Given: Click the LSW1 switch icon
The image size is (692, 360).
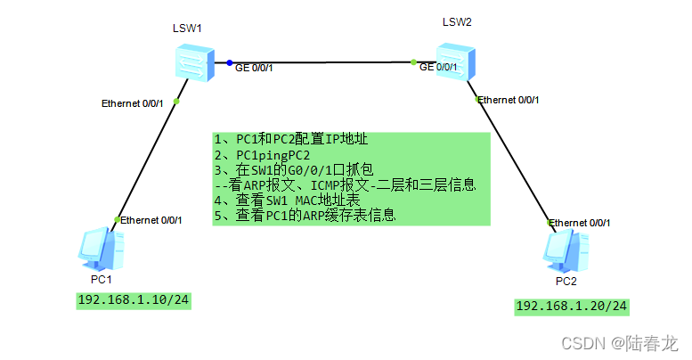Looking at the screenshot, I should click(194, 61).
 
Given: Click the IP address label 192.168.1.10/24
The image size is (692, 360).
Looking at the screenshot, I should click(134, 299).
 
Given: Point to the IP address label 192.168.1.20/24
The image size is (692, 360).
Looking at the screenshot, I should click(572, 307).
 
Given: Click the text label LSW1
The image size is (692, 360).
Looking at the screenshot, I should click(187, 29).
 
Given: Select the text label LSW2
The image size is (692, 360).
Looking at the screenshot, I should click(457, 21).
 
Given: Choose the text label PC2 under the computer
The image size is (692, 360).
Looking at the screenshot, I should click(566, 281).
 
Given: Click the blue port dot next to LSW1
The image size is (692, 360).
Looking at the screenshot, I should click(229, 62).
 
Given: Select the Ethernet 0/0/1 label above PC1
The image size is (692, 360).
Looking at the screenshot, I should click(151, 220).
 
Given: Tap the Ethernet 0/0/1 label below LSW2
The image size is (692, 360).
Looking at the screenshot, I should click(508, 100).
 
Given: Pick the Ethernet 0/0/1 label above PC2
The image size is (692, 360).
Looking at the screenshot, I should click(580, 223).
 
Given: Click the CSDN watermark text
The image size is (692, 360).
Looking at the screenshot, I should click(621, 342).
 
